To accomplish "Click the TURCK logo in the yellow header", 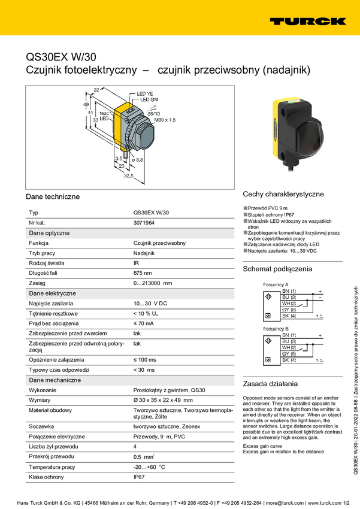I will click(x=307, y=21).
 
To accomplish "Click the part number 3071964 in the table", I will click(x=144, y=222).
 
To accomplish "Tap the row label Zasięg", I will click(x=38, y=283).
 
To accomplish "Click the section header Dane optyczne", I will click(x=49, y=232).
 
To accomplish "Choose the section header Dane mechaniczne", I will click(x=55, y=380).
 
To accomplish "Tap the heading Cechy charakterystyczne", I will click(x=283, y=194).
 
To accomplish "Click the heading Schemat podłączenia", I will click(x=277, y=269).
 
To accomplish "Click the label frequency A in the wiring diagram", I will click(x=276, y=284).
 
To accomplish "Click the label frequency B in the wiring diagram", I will click(x=276, y=329).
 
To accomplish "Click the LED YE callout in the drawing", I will click(x=145, y=94).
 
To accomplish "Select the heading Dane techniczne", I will click(x=53, y=196).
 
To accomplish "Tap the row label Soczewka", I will click(x=42, y=426).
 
